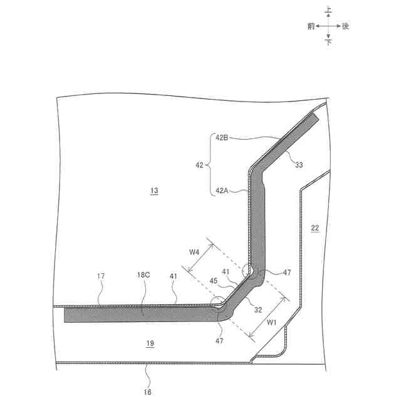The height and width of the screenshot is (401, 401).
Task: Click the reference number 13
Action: point(154,190)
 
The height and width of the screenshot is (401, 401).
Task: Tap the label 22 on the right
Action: point(315,229)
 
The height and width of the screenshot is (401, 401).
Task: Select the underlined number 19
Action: point(149,343)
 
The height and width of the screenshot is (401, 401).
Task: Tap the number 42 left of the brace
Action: point(200,165)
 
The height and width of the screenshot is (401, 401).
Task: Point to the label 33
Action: point(299,165)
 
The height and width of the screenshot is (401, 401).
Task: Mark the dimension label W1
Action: point(271,323)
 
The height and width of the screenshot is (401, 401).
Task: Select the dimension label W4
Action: point(195,253)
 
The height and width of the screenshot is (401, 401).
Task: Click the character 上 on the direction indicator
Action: point(328,9)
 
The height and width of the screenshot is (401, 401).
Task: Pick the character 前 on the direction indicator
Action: point(311,26)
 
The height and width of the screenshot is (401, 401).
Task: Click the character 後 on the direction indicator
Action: point(345,26)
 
